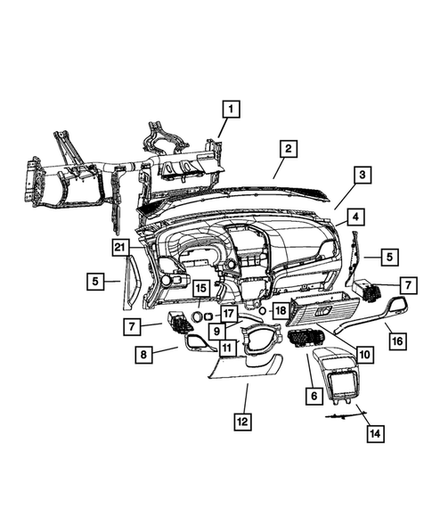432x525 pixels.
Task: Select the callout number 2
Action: tap(287, 149)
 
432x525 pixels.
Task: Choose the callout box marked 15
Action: tap(201, 288)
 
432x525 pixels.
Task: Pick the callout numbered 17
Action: tap(229, 314)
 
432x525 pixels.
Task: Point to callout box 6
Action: tap(313, 392)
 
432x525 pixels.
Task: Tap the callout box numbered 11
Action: tap(227, 348)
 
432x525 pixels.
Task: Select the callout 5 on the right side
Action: tap(390, 257)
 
